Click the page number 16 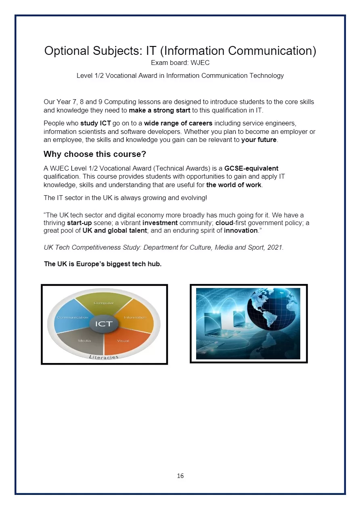click(x=180, y=476)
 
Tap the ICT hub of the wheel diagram click(x=104, y=324)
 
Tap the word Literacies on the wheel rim click(x=104, y=357)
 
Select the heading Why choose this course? click(x=95, y=154)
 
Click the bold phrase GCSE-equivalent click(x=251, y=168)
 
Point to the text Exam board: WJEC click(x=180, y=63)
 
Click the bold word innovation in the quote click(x=241, y=231)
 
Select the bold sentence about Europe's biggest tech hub click(x=103, y=264)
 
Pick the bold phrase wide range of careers click(x=178, y=123)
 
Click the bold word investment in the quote click(x=160, y=223)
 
